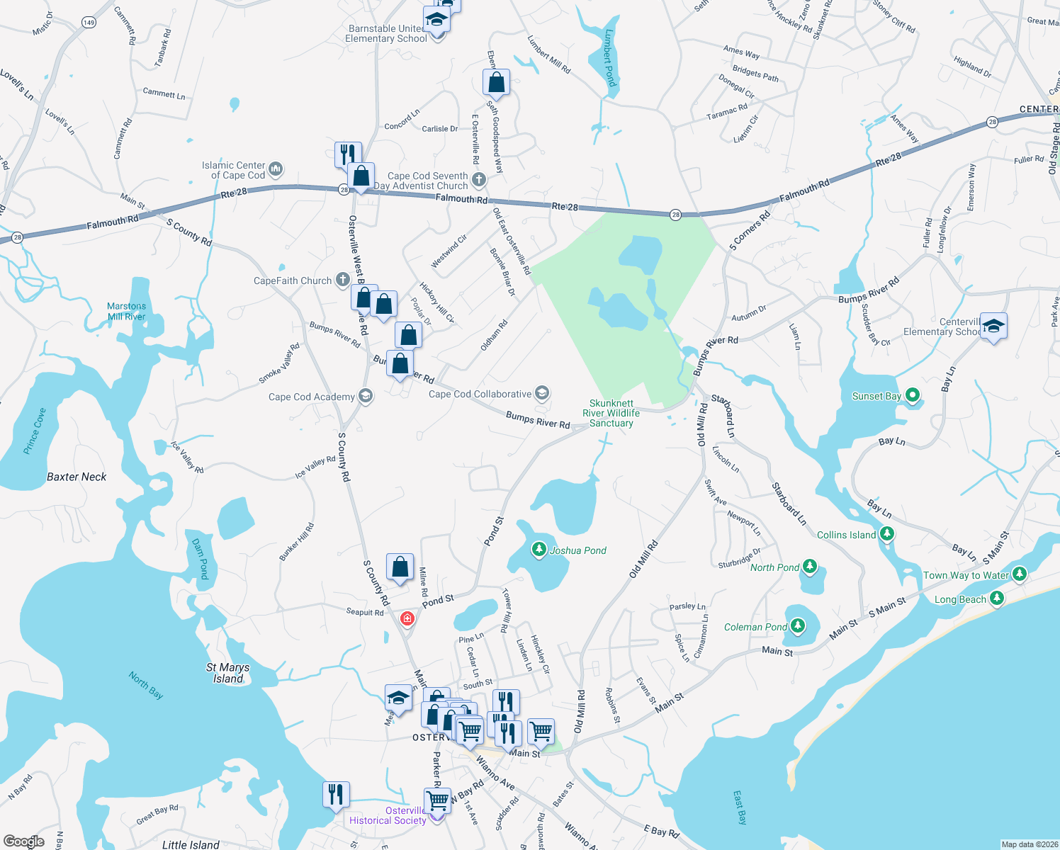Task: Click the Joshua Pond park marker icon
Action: [539, 550]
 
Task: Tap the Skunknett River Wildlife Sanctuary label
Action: [611, 413]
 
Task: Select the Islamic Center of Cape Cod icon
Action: [276, 169]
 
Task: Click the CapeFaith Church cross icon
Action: [343, 280]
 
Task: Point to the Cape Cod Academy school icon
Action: [366, 396]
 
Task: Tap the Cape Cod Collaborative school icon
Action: [542, 393]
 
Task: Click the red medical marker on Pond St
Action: [407, 619]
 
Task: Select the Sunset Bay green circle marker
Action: [913, 395]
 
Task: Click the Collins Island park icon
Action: [886, 534]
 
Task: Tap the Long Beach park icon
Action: [997, 599]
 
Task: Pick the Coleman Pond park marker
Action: [798, 626]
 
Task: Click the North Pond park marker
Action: [811, 567]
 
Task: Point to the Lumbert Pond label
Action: [610, 58]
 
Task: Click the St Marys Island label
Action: [227, 673]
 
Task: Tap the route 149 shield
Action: [89, 23]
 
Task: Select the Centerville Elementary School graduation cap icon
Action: [993, 326]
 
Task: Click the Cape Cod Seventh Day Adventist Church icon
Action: [479, 180]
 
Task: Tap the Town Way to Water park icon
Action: [1020, 574]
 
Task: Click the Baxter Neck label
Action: [77, 477]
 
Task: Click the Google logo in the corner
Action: [24, 841]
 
